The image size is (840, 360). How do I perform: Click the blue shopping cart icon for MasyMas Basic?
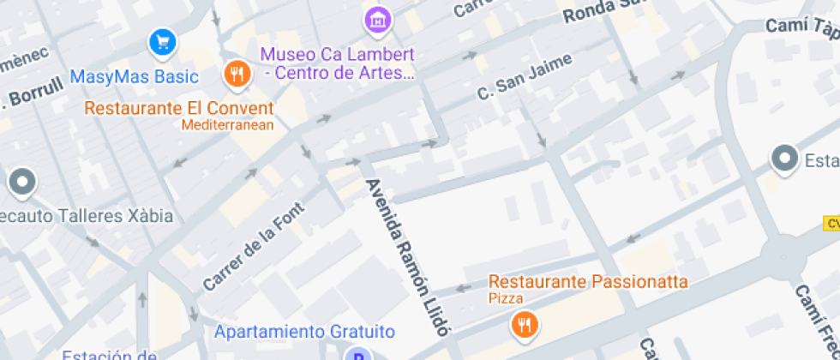click(161, 41)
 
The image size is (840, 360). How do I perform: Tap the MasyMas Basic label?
click(135, 77)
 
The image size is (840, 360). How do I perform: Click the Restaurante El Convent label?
click(179, 109)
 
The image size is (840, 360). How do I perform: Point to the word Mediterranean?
click(227, 125)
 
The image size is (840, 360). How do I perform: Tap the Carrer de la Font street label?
click(254, 245)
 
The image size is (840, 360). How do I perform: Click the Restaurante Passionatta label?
click(588, 281)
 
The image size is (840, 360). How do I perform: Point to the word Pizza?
click(506, 298)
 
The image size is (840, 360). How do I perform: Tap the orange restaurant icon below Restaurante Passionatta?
click(523, 325)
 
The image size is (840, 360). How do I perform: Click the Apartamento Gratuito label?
click(304, 332)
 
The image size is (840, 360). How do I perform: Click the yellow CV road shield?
click(831, 223)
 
